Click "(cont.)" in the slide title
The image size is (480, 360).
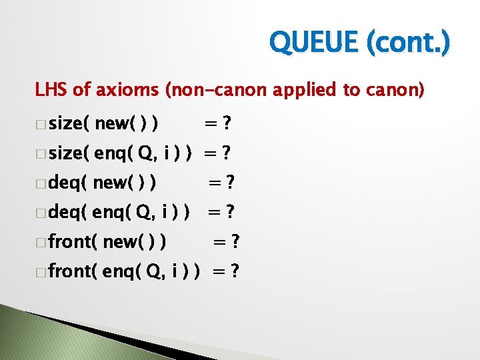[x=408, y=43]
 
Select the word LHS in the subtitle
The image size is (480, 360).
[x=51, y=90]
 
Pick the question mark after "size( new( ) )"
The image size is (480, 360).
[x=227, y=123]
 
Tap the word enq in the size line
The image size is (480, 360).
[x=113, y=153]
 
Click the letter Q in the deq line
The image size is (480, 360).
[x=142, y=212]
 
